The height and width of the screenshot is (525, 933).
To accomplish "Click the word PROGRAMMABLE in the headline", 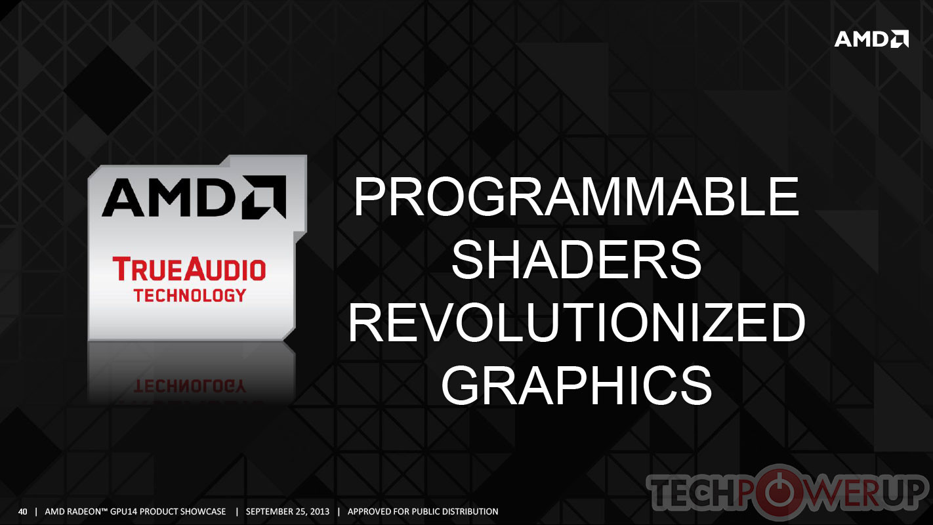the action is [577, 196].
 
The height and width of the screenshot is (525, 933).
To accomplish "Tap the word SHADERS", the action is [577, 260].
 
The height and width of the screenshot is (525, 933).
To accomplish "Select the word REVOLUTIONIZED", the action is [577, 322].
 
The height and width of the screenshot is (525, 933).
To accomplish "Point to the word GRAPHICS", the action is [577, 385].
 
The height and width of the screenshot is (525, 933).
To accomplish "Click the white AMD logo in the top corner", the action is [871, 39].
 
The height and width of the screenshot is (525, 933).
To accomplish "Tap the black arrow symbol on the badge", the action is [264, 197].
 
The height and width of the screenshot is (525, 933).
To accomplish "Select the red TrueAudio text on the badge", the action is [189, 269].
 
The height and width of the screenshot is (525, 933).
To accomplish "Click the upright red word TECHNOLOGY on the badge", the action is [190, 295].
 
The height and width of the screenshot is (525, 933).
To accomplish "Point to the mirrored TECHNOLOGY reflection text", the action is [190, 387].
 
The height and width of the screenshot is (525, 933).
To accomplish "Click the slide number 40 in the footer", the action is [22, 511].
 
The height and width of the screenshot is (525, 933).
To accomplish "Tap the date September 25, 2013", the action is [287, 511].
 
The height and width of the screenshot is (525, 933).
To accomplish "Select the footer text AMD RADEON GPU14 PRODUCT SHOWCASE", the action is [135, 511].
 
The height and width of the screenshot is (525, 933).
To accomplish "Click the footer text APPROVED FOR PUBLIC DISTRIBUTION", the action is [423, 511].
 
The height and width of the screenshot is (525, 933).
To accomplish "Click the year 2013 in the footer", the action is [320, 511].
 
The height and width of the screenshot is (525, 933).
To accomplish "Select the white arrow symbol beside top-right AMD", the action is [900, 39].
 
